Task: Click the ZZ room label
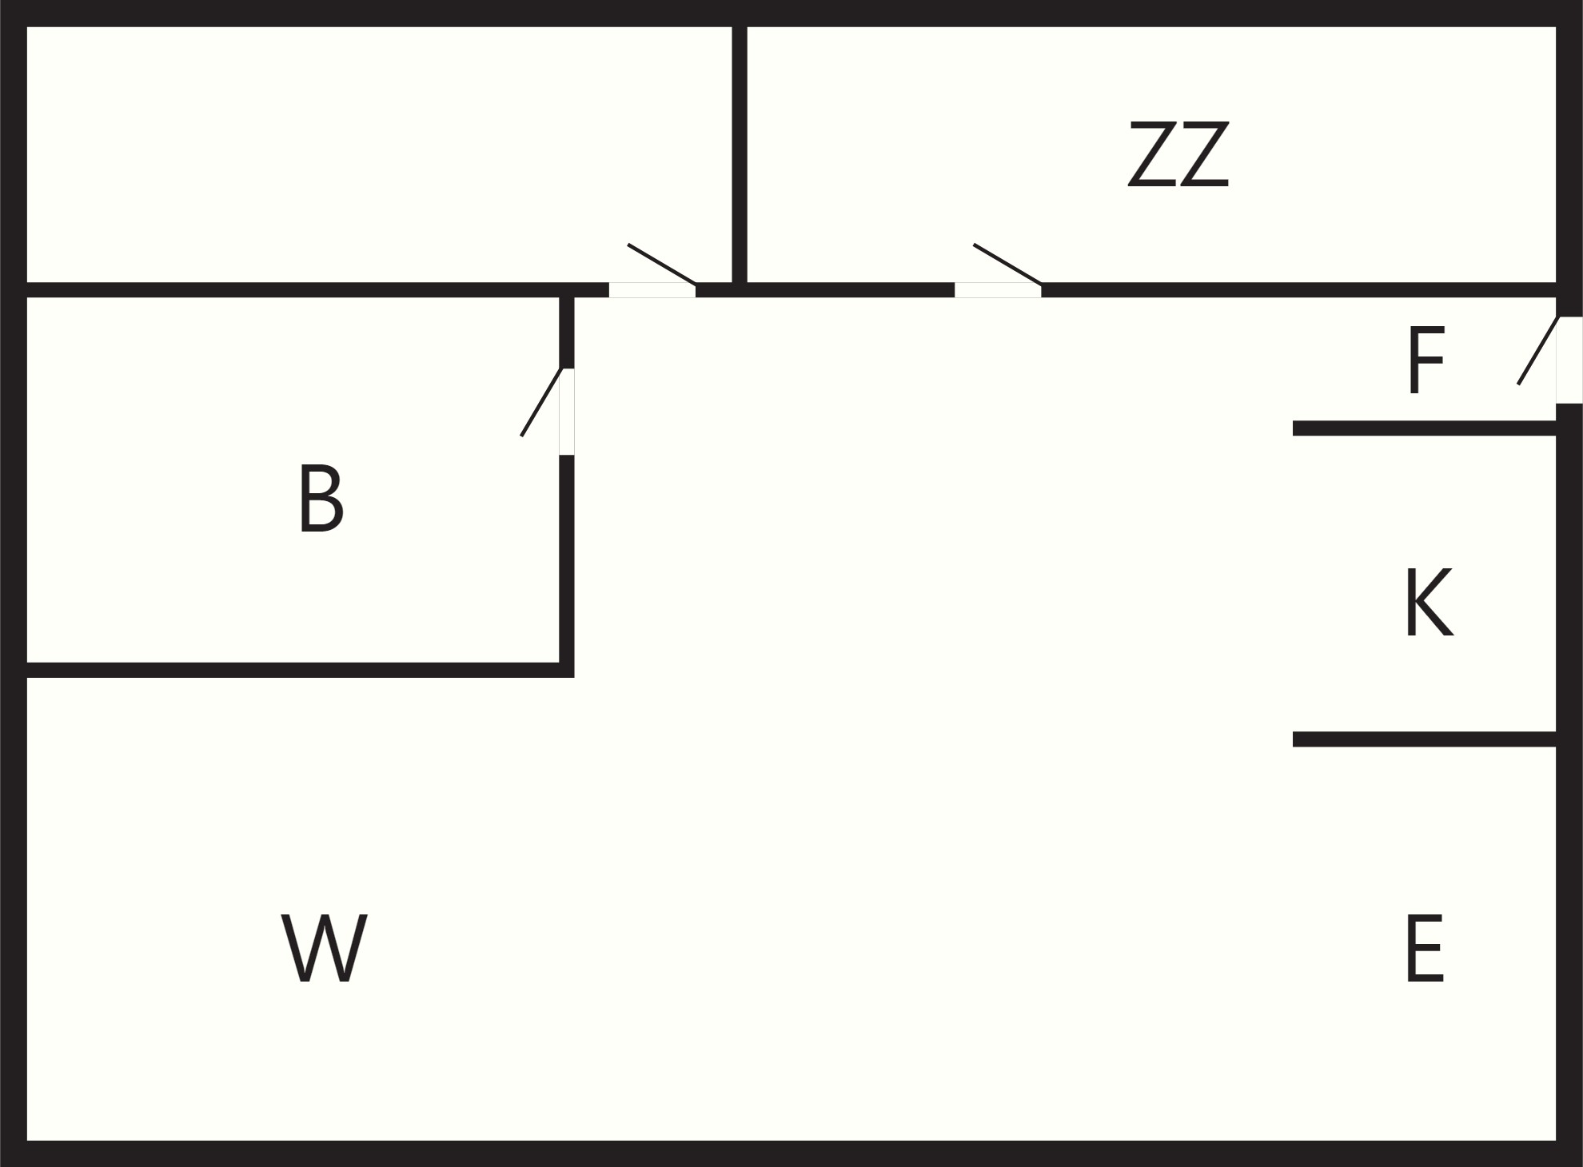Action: coord(1178,154)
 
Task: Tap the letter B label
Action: coord(321,498)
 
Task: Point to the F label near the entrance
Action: coord(1425,360)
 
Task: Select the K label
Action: coord(1429,603)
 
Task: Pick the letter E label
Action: coord(1424,949)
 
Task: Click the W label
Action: coord(324,949)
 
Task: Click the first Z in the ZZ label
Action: coord(1152,154)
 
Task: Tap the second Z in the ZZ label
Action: coord(1204,154)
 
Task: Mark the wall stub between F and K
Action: coord(1425,428)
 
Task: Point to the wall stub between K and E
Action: coord(1425,739)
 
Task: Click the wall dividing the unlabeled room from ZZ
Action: coord(740,154)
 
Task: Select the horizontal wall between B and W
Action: coord(301,670)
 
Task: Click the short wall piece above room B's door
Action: coord(567,333)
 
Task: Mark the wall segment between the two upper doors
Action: coord(825,289)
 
